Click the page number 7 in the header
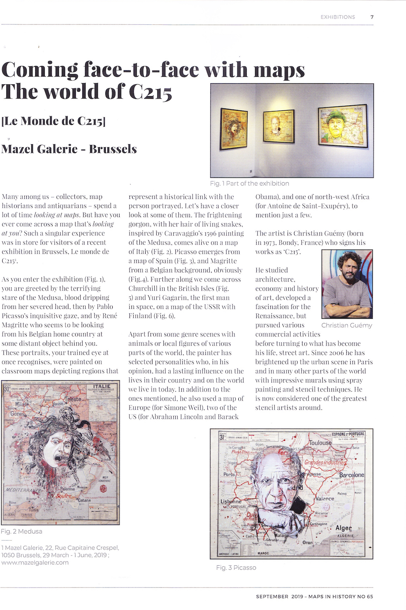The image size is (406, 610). point(372,17)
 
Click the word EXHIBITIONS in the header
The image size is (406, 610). point(338,17)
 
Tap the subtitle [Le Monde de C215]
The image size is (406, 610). point(53,121)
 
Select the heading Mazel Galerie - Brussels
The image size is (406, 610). point(69,149)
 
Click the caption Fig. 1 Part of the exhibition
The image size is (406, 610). point(249,184)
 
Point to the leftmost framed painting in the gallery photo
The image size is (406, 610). point(234,129)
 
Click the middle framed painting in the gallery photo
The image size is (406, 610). point(279,126)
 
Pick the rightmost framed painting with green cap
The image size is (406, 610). point(343,126)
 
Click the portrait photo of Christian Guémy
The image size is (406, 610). point(347,284)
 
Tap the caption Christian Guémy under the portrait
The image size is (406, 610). point(346,326)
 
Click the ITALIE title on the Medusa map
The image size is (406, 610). point(102,386)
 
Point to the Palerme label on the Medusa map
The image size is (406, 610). point(68,489)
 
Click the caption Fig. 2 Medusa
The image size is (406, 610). point(22,531)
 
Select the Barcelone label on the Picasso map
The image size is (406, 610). point(351,475)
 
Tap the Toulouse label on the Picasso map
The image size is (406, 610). point(320,443)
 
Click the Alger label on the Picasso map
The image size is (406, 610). point(343,528)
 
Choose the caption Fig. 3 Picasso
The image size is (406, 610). point(236,568)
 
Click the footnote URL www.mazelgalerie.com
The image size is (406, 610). point(35,562)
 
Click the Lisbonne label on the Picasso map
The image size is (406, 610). point(231,501)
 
